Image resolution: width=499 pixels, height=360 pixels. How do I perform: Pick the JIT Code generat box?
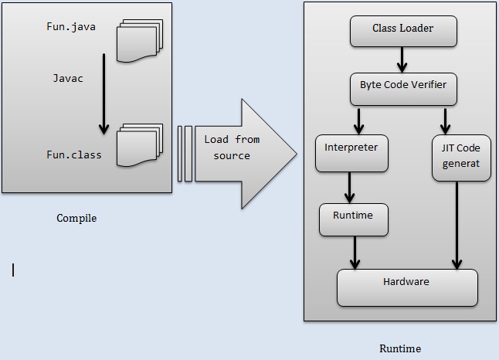pos(461,157)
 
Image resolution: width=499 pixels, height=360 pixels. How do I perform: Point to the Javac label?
pos(68,78)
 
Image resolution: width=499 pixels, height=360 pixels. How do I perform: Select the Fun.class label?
pos(73,155)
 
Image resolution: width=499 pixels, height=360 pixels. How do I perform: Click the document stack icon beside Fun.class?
pos(139,144)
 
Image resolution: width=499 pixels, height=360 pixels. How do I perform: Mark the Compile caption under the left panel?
pos(76,218)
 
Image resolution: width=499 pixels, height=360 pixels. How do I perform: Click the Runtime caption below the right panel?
pos(400,348)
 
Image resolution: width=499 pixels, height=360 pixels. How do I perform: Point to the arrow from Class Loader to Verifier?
pos(401,59)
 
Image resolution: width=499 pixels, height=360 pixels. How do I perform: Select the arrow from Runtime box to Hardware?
pos(355,252)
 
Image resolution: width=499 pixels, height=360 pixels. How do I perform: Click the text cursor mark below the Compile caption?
pos(13,270)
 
